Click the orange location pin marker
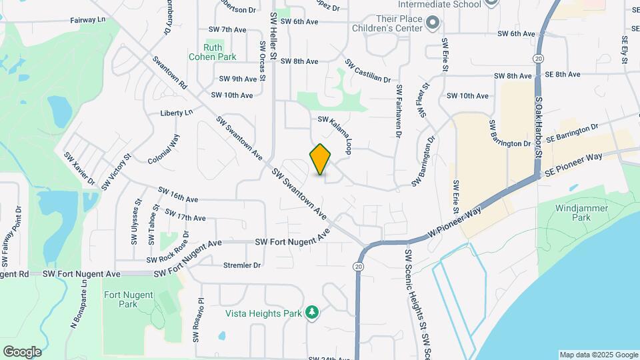[x=321, y=159]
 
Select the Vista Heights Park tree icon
[x=311, y=313]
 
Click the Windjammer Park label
[x=575, y=213]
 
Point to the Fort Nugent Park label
[x=120, y=299]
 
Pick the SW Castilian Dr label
[x=367, y=71]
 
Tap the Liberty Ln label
[x=176, y=113]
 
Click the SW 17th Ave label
[x=185, y=217]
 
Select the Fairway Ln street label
[x=88, y=20]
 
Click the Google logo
[x=22, y=351]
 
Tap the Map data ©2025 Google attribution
[x=598, y=355]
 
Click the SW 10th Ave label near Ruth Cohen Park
[x=231, y=95]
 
